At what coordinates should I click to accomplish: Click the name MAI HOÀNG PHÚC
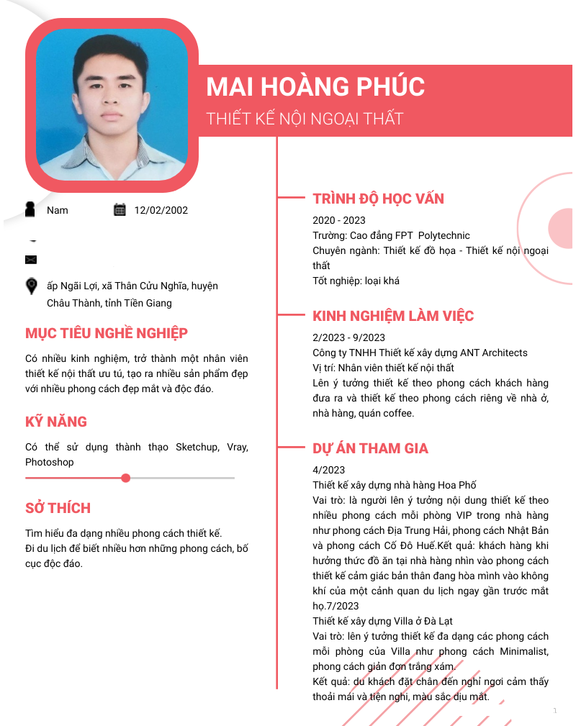(x=315, y=87)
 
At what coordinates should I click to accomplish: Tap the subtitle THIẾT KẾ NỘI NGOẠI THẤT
(x=305, y=119)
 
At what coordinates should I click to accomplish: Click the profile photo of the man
(x=112, y=104)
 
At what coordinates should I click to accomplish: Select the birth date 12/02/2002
(x=161, y=210)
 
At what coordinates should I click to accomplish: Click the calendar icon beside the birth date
(x=120, y=209)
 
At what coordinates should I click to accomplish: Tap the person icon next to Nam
(x=30, y=209)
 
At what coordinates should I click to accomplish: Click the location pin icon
(x=32, y=286)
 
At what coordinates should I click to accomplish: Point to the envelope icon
(x=31, y=259)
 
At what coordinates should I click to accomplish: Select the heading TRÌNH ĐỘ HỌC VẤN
(x=378, y=199)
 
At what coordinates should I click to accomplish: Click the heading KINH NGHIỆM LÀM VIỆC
(x=393, y=317)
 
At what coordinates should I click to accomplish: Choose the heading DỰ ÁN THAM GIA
(x=370, y=449)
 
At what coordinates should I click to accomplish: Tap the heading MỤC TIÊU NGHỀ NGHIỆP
(x=107, y=334)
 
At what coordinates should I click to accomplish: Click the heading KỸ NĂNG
(x=56, y=422)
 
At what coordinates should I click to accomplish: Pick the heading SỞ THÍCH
(x=58, y=509)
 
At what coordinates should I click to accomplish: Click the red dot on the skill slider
(x=126, y=478)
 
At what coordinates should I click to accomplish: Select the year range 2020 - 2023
(x=339, y=220)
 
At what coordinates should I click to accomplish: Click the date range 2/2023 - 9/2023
(x=348, y=337)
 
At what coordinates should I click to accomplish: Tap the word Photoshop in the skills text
(x=50, y=462)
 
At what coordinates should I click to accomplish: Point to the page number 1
(x=555, y=711)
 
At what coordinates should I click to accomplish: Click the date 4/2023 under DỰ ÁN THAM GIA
(x=328, y=470)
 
